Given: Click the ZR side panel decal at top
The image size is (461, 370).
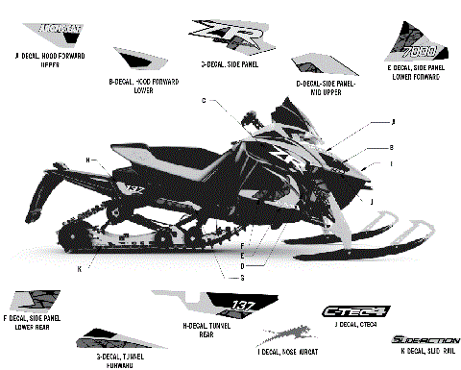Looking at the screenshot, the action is (x=228, y=37).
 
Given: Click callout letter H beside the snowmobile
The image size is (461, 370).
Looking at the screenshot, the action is (x=87, y=159).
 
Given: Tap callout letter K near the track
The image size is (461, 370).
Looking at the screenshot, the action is (x=79, y=268).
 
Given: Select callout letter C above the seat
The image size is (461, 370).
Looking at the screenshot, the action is (x=204, y=100).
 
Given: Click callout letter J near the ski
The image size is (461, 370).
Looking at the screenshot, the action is (x=372, y=203).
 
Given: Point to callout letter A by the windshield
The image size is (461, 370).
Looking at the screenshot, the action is (x=394, y=122).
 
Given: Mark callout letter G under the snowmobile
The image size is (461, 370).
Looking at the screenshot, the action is (x=242, y=277).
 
